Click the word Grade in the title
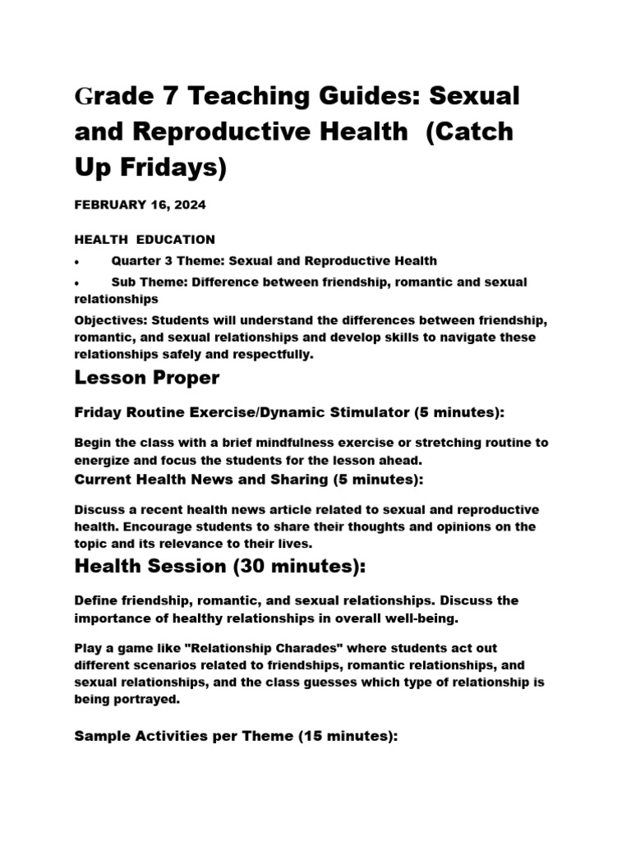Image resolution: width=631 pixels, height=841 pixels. [x=111, y=96]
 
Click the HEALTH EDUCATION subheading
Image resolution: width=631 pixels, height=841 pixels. [x=145, y=240]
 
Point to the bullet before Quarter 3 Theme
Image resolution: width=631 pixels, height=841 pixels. [x=76, y=261]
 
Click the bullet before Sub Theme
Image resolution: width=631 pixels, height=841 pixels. [x=76, y=283]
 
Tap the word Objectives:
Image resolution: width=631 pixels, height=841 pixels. [x=107, y=319]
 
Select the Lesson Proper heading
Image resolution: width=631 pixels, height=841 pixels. [x=146, y=378]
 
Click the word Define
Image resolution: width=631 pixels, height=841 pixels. [x=95, y=601]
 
